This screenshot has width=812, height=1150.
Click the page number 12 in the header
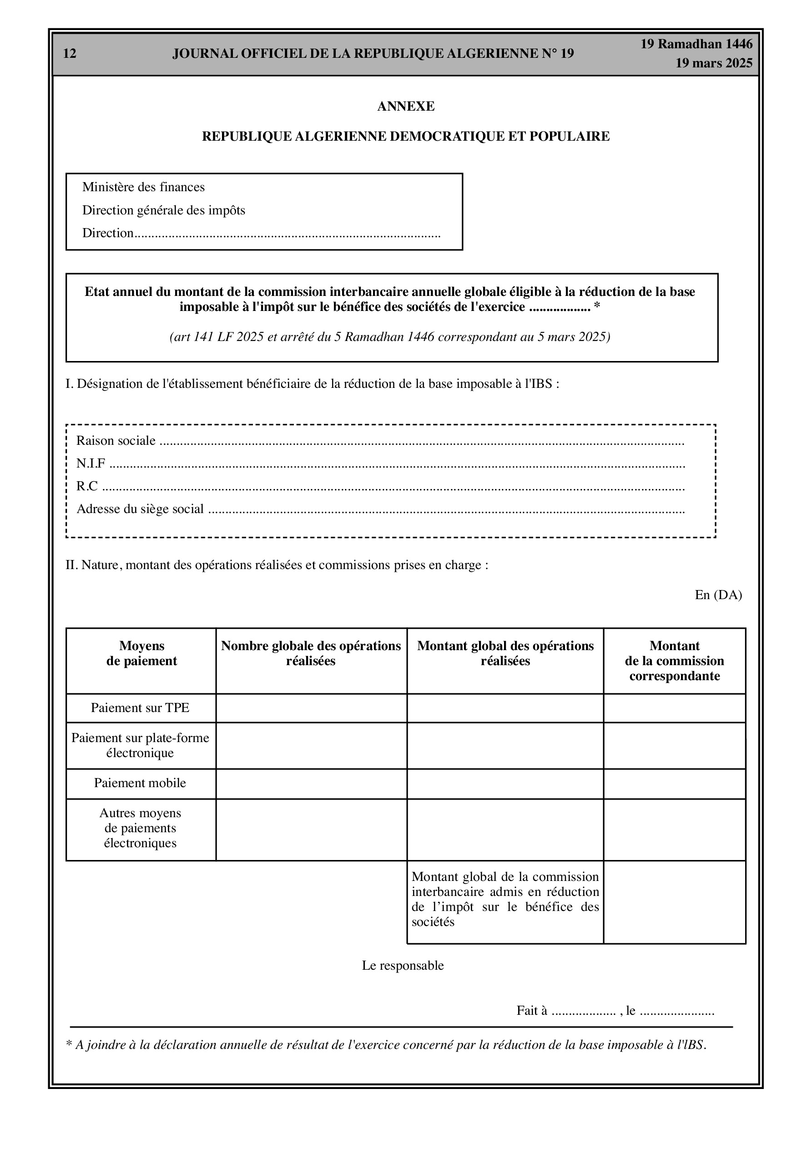(70, 54)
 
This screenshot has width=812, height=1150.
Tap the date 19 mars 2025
(713, 63)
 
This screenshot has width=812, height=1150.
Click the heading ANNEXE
(405, 106)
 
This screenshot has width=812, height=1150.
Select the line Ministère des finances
(143, 187)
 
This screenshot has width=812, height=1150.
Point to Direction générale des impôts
(164, 210)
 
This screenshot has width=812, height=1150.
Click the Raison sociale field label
(116, 441)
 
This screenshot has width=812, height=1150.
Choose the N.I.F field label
(91, 464)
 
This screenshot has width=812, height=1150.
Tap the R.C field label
(86, 486)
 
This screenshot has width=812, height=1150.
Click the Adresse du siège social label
(140, 509)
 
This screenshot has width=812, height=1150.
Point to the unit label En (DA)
(718, 595)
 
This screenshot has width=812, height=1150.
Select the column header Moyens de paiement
(141, 654)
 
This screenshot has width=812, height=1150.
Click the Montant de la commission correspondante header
(674, 661)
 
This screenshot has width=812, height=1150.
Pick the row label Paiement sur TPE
(140, 708)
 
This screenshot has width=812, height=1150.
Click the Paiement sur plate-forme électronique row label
(140, 745)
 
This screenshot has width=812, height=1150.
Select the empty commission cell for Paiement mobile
(674, 784)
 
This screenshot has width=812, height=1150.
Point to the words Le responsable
(403, 966)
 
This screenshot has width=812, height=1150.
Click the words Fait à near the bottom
(532, 1011)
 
